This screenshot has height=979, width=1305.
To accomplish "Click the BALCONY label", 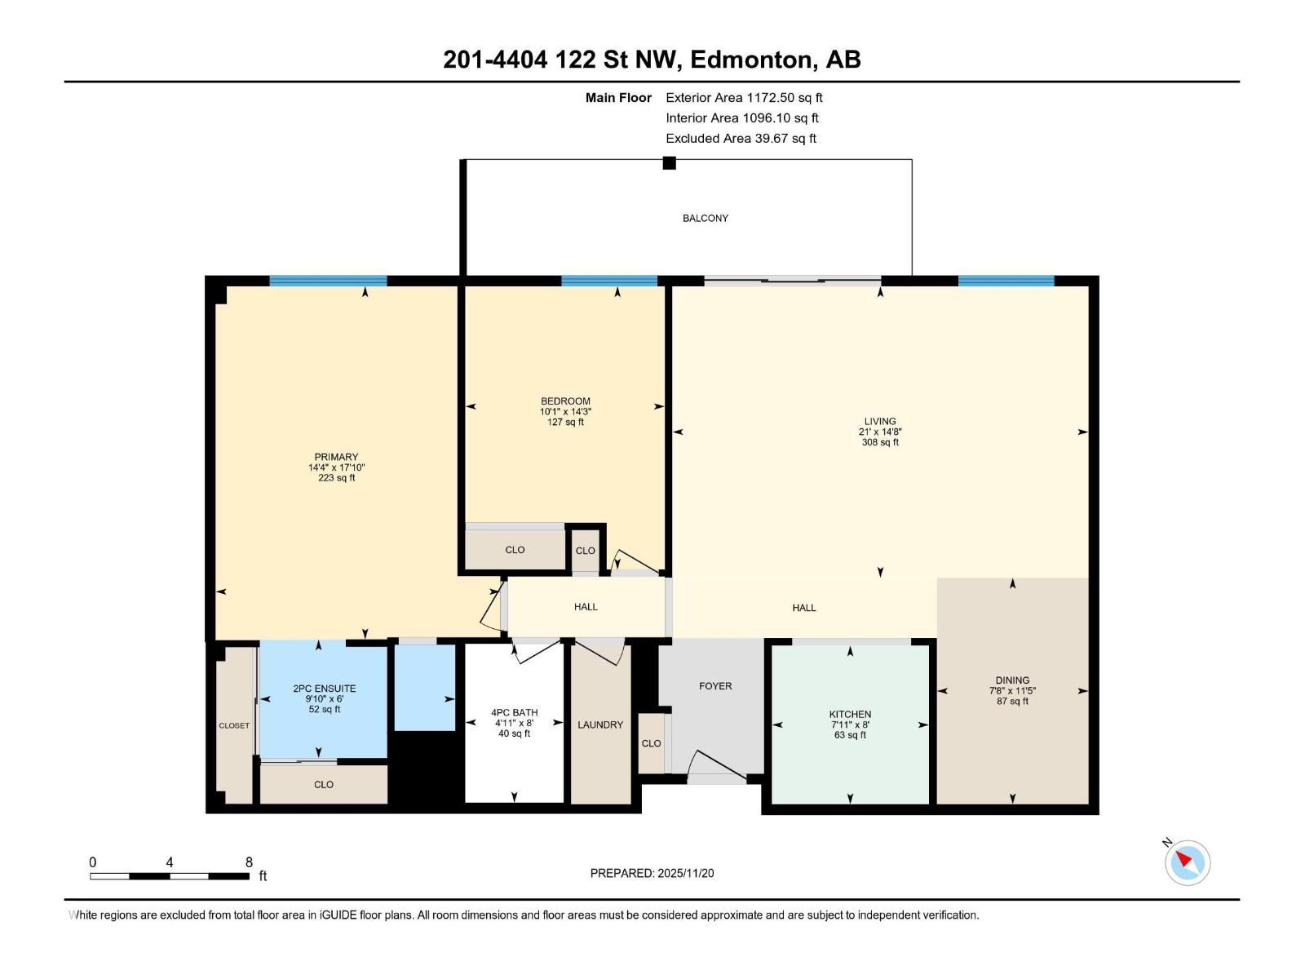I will coord(706,218).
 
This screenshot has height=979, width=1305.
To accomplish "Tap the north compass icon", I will coord(1187,862).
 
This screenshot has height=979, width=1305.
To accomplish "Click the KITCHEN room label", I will coord(850,714).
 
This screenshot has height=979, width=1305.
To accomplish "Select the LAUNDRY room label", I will coord(600,724).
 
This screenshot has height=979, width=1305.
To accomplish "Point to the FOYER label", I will coord(715,686).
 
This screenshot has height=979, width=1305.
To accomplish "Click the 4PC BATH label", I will coord(514,712).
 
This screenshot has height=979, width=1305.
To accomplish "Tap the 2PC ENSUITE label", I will coord(325,689).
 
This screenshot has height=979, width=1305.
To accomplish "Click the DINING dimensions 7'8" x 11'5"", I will coord(1012,690).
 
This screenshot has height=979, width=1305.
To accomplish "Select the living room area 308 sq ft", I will coord(880,442).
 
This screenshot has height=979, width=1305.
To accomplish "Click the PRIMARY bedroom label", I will coord(336,457).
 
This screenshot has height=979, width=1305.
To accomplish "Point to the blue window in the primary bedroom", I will coord(328,281).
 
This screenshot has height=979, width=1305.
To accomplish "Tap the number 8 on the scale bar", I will coord(249,862).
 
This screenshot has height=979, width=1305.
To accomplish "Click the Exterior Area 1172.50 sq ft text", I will coord(744,97).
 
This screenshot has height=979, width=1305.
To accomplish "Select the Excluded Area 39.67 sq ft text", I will coord(741,139).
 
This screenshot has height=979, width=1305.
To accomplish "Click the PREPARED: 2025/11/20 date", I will coord(652,873).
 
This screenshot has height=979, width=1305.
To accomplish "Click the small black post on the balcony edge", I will coord(670,162).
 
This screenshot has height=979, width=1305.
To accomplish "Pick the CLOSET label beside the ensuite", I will coord(234,725).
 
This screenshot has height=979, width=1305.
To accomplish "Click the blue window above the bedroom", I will coord(609,281).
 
